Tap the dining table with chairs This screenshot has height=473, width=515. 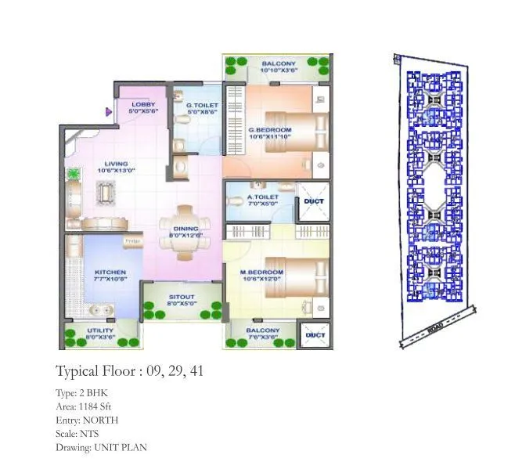coord(185,232)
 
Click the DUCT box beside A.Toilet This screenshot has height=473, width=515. coord(314,202)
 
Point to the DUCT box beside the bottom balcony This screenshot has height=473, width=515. coord(315,335)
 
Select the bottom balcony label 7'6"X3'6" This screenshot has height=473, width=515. coord(262,334)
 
